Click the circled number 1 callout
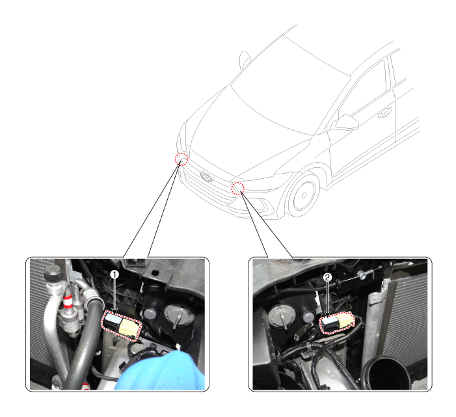pyautogui.click(x=114, y=275)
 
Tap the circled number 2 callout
pyautogui.click(x=327, y=277)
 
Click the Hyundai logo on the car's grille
pyautogui.click(x=207, y=176)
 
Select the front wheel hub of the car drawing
pyautogui.click(x=304, y=195)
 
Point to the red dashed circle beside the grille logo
pyautogui.click(x=181, y=159)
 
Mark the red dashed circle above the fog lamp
pyautogui.click(x=237, y=188)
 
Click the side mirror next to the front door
pyautogui.click(x=346, y=122)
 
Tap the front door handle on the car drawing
pyautogui.click(x=385, y=113)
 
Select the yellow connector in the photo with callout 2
pyautogui.click(x=345, y=320)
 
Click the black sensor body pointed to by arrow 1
pyautogui.click(x=112, y=321)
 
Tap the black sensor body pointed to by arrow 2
pyautogui.click(x=329, y=324)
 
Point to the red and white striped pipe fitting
pyautogui.click(x=68, y=301)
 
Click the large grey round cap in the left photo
pyautogui.click(x=178, y=315)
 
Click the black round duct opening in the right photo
pyautogui.click(x=386, y=373)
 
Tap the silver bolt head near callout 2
pyautogui.click(x=362, y=275)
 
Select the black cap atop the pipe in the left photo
pyautogui.click(x=53, y=273)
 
